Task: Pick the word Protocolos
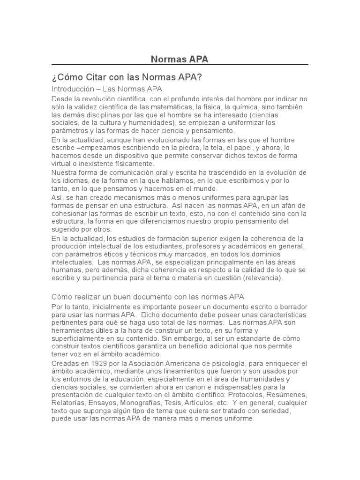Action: coord(254,395)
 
